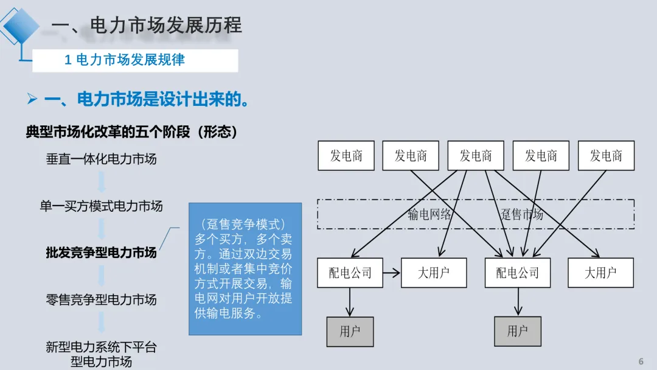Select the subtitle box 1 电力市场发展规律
[x=134, y=60]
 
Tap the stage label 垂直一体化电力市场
[x=101, y=159]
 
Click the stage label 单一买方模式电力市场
[x=101, y=206]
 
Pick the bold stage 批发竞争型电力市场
[x=101, y=253]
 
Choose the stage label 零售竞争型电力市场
[x=101, y=299]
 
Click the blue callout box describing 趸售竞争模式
[x=245, y=268]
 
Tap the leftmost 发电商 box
[x=346, y=156]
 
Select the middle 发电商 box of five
[x=476, y=156]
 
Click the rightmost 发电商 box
[x=606, y=156]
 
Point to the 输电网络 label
[x=429, y=214]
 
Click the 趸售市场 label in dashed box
[x=521, y=214]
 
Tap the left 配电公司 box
[x=350, y=273]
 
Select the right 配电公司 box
[x=517, y=273]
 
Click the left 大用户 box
[x=434, y=273]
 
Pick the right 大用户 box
[x=600, y=273]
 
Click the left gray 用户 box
[x=350, y=331]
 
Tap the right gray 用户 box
[x=517, y=331]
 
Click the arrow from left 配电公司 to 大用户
[x=391, y=273]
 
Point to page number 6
[x=641, y=361]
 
